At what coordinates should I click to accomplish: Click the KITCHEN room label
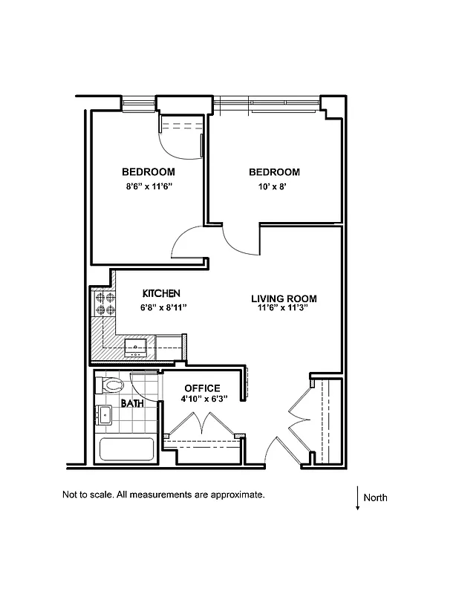point(161,293)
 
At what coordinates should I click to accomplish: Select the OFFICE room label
point(202,388)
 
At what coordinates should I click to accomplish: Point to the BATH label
point(132,404)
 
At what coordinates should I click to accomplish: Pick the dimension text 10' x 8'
point(267,186)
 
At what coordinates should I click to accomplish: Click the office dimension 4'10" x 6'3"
point(202,399)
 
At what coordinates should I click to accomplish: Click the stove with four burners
point(103,304)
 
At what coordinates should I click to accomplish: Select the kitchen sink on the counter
point(136,345)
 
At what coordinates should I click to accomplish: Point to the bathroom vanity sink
point(104,417)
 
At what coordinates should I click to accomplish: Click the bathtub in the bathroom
point(126,450)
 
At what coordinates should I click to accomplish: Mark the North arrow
point(357,498)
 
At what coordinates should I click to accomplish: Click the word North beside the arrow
point(375,498)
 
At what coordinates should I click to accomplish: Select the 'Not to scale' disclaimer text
point(163,494)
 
